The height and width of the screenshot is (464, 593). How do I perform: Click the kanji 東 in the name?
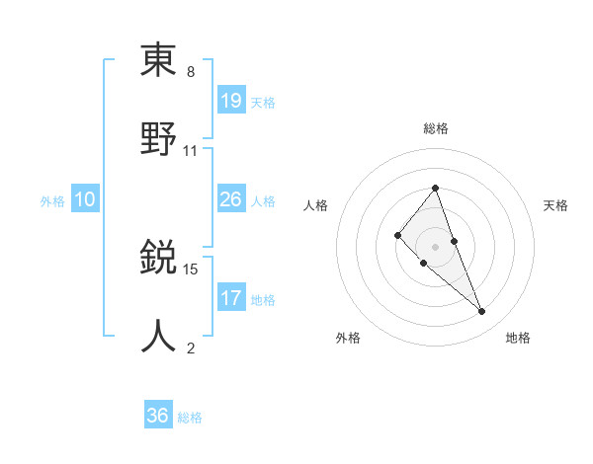(x=158, y=61)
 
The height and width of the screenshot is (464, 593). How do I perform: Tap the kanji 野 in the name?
(x=158, y=138)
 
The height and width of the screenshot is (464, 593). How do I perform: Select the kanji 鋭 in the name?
(x=158, y=259)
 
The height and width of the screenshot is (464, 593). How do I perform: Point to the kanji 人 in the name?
(x=158, y=336)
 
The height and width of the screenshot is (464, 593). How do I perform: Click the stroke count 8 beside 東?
(x=191, y=73)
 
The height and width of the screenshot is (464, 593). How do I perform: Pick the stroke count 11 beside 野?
(x=191, y=150)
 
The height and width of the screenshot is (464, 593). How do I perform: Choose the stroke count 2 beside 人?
(x=191, y=348)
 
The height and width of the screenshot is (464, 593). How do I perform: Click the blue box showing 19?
(x=231, y=100)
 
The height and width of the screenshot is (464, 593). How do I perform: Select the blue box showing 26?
(x=231, y=199)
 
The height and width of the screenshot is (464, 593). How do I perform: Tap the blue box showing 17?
(x=231, y=297)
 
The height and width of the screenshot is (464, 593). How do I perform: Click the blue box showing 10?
(x=85, y=199)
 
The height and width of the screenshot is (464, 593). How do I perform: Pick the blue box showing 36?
(x=158, y=416)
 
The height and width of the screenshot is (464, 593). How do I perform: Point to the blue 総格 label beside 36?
(x=190, y=418)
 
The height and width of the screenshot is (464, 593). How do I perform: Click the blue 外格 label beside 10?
(x=52, y=201)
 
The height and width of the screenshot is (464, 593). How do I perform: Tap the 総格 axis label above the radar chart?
(x=436, y=128)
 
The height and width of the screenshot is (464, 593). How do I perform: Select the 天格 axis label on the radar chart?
(x=556, y=205)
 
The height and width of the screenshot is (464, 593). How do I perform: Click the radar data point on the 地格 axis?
(x=482, y=312)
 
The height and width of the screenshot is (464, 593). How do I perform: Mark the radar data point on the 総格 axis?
(x=436, y=188)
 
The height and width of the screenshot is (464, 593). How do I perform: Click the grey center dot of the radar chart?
(x=436, y=247)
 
